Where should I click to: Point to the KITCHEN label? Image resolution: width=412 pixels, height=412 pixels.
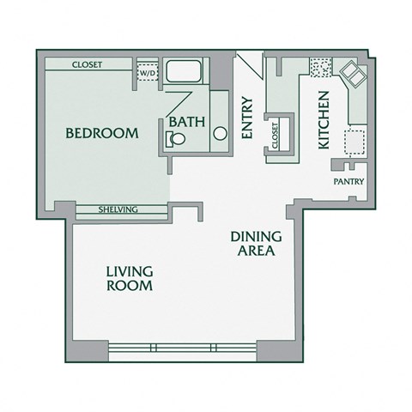pyautogui.click(x=324, y=120)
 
